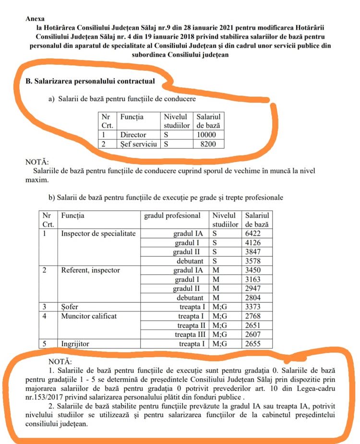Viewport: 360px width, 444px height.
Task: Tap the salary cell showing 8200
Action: click(209, 144)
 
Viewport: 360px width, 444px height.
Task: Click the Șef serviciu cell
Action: click(139, 144)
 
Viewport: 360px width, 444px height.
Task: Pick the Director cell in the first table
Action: click(133, 135)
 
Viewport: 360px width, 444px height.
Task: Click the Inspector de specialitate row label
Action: click(98, 234)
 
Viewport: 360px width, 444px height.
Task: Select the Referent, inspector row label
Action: click(90, 270)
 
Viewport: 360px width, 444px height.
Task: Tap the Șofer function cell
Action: click(70, 307)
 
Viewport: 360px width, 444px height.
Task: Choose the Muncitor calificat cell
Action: click(89, 316)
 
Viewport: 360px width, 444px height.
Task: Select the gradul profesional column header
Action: click(172, 216)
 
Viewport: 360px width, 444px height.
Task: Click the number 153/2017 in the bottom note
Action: click(56, 396)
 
